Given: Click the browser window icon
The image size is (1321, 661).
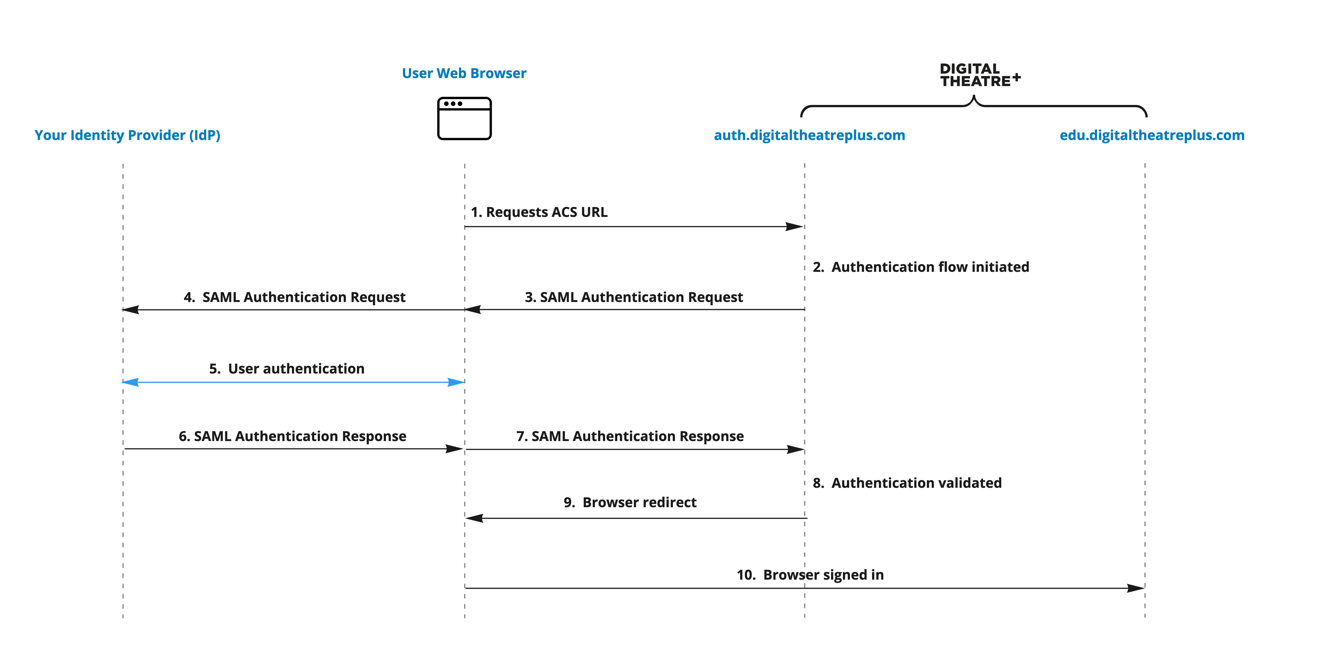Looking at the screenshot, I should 464,119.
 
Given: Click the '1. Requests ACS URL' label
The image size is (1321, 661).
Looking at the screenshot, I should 539,212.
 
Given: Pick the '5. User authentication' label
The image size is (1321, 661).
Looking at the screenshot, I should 287,368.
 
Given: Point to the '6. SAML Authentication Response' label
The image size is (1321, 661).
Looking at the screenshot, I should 292,436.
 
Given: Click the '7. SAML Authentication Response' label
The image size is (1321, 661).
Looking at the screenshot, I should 630,436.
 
